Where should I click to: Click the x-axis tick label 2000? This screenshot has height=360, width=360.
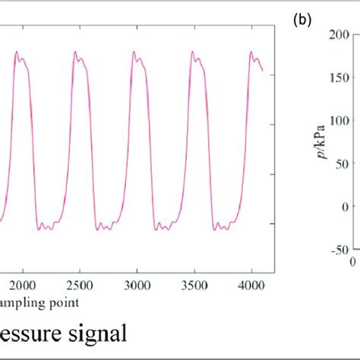click(x=23, y=284)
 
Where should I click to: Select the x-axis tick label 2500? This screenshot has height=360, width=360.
click(x=79, y=284)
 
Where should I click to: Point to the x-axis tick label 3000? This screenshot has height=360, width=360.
click(x=135, y=284)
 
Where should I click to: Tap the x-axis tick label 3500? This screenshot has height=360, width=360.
click(x=193, y=284)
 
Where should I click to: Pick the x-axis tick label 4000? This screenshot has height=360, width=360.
click(x=250, y=284)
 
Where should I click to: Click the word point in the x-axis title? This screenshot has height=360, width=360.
click(x=62, y=302)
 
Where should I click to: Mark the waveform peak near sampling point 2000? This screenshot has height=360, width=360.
click(x=17, y=52)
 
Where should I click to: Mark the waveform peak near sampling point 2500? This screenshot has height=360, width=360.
click(x=75, y=52)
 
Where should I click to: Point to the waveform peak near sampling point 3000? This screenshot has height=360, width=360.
click(x=134, y=52)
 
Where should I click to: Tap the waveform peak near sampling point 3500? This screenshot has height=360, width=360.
click(x=192, y=52)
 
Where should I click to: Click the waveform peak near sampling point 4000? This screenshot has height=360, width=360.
click(x=251, y=52)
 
